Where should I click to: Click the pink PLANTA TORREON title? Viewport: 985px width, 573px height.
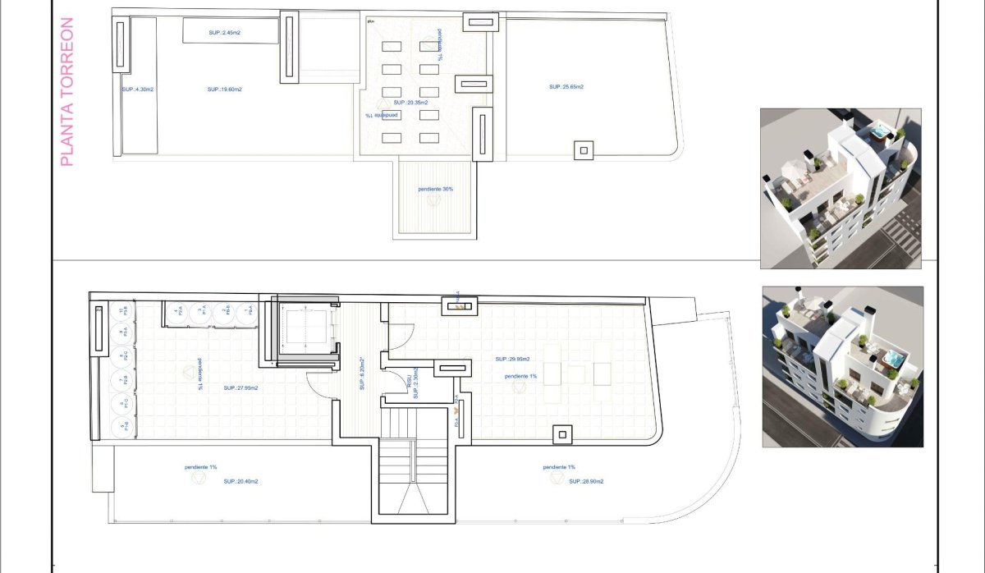tap(67, 92)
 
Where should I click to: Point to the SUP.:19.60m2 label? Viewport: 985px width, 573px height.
tap(223, 89)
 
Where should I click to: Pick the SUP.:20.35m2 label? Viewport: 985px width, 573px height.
tap(410, 103)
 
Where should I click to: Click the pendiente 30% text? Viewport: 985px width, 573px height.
tap(435, 189)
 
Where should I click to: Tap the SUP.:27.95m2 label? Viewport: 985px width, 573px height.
tap(241, 388)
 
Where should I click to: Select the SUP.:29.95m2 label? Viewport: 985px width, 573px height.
tap(512, 359)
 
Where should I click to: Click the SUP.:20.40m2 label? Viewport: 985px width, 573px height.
tap(241, 482)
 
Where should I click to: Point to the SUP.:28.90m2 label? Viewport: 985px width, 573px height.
tap(586, 482)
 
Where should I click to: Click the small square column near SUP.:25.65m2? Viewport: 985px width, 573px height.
tap(584, 150)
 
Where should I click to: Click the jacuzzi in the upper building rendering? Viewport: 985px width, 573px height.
tap(880, 131)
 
